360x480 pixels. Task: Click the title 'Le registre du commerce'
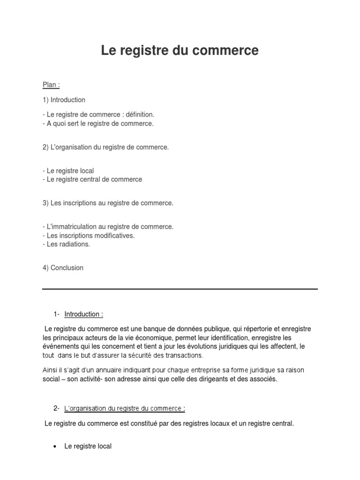180,51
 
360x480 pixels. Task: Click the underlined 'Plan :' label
51,85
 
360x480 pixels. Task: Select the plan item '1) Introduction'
64,100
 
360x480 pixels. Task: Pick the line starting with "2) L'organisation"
105,147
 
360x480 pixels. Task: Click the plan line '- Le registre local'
68,171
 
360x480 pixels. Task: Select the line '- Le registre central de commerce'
92,180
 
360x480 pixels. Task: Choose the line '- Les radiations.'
66,244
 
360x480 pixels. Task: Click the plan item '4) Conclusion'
63,268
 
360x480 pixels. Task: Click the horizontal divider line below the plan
180,289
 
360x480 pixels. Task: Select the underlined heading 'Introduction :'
84,314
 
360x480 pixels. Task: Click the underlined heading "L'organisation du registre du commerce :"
125,408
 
